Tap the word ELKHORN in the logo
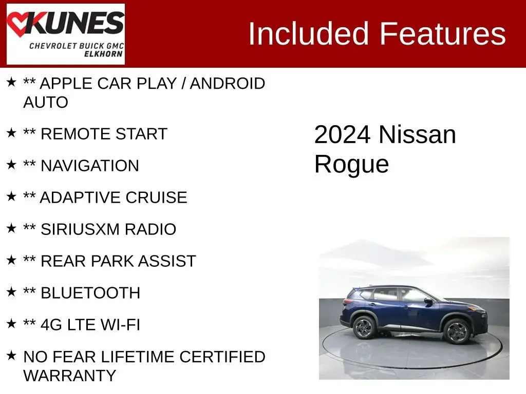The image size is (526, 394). coord(103,54)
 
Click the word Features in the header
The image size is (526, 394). coord(442,33)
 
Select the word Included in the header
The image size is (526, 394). coord(308,33)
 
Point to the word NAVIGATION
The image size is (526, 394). coord(89,166)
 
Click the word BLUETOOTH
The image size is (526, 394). coord(90,293)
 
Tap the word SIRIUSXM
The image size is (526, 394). coord(80,229)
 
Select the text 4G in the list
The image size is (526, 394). coord(51,325)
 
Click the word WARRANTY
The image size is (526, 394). coord(70,375)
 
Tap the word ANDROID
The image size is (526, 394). coord(228,84)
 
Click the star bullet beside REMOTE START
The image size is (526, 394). coord(11,133)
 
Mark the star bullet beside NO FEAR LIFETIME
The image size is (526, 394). coord(11,356)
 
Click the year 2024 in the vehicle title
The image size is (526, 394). coord(342,135)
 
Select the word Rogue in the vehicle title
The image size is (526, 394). coord(351,164)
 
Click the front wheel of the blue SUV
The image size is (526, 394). coord(457,331)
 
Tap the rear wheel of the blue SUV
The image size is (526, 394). coord(364,327)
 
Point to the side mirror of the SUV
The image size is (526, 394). coord(428,301)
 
